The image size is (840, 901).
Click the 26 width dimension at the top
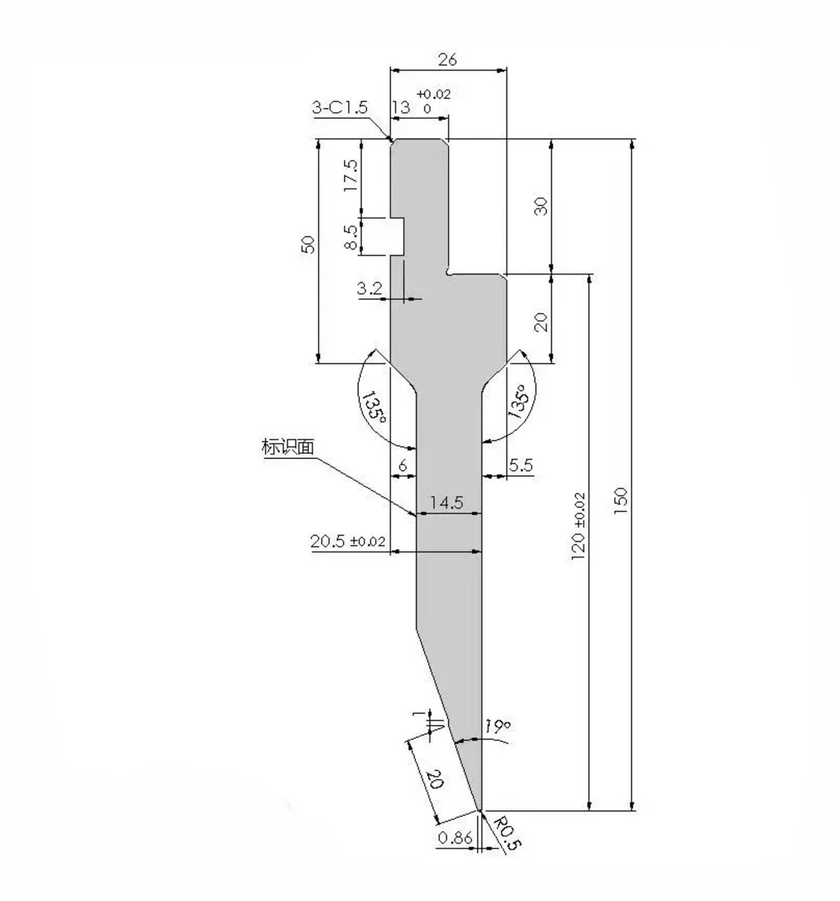click(447, 60)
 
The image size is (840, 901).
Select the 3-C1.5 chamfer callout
click(339, 108)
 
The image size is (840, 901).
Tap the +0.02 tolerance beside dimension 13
click(433, 94)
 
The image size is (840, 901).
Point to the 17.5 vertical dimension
click(351, 175)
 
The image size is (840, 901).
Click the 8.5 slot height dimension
click(351, 237)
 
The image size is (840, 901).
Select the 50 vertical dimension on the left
click(308, 244)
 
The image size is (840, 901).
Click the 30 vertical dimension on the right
click(541, 207)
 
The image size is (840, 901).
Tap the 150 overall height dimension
click(621, 501)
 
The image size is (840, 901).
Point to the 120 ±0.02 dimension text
click(579, 526)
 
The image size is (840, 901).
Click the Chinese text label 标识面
click(288, 447)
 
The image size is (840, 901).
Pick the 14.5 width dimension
click(447, 503)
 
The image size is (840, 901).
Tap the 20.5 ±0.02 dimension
click(348, 542)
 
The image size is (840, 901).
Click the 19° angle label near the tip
click(497, 727)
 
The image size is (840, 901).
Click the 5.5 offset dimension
click(521, 465)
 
